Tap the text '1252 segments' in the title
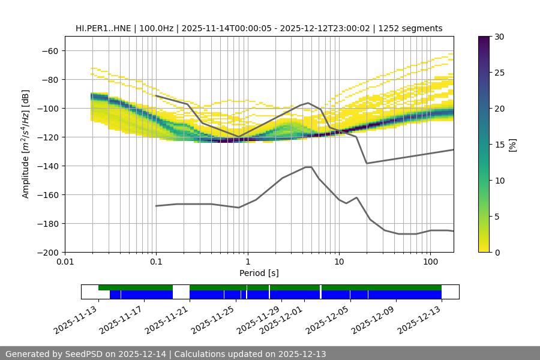click(414, 28)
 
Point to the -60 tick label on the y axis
click(49, 50)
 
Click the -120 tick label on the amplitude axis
click(47, 137)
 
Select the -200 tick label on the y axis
click(47, 252)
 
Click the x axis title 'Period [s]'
click(259, 273)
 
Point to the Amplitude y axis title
click(26, 144)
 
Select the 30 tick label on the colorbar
click(499, 37)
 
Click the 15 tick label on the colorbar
click(499, 145)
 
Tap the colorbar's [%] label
click(512, 145)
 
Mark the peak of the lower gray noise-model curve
click(308, 167)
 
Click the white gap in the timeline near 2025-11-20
click(181, 292)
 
